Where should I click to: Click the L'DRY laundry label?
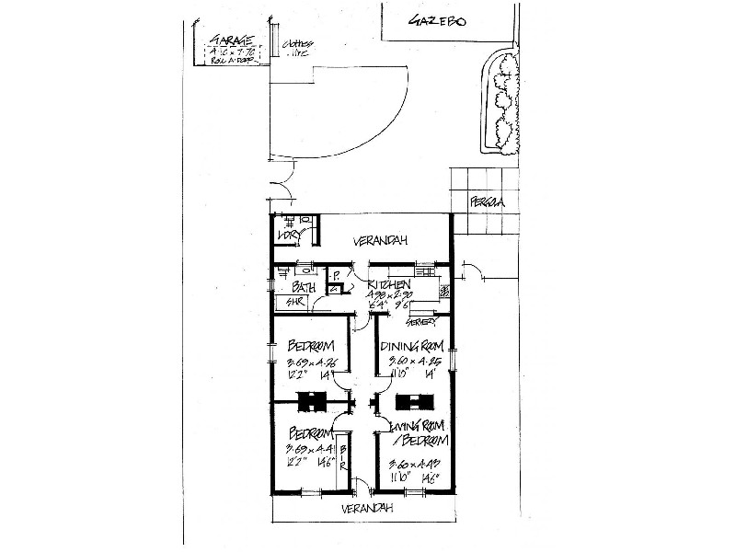290,237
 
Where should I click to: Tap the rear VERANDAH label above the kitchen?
382,241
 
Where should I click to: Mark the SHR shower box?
295,302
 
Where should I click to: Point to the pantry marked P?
337,275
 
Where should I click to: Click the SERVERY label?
420,321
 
